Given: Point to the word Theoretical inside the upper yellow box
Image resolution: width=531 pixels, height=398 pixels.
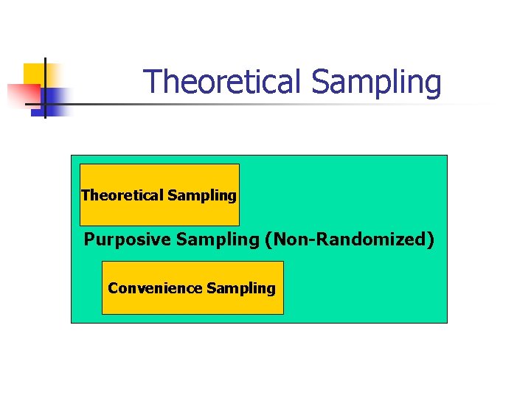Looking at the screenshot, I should point(122,195).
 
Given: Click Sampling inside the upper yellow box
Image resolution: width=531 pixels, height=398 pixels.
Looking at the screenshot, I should point(201,196).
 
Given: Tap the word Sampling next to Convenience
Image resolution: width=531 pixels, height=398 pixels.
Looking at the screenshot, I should point(241,289).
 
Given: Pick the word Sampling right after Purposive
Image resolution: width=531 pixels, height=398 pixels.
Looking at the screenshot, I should point(198,240).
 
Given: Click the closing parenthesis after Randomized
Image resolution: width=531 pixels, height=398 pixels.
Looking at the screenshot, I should point(431,240).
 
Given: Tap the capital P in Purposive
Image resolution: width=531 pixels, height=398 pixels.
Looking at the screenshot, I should point(89,240).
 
